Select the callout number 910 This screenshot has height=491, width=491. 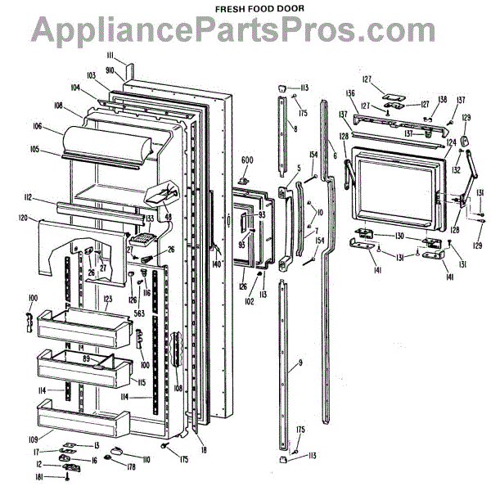click(119, 72)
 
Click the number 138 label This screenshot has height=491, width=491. click(442, 100)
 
